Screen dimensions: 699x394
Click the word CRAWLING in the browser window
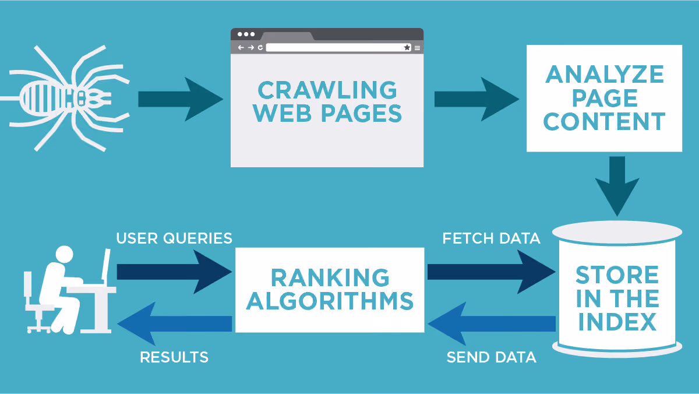pyautogui.click(x=327, y=90)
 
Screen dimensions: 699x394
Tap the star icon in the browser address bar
pyautogui.click(x=407, y=47)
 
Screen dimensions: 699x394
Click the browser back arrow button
pyautogui.click(x=241, y=47)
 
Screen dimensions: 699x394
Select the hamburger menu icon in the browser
pyautogui.click(x=417, y=48)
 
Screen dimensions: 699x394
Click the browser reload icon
pyautogui.click(x=260, y=47)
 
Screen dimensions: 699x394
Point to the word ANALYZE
pyautogui.click(x=605, y=75)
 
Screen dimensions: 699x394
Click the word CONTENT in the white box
pyautogui.click(x=605, y=121)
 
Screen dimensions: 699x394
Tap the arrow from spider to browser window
pyautogui.click(x=181, y=99)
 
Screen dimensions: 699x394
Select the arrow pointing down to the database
pyautogui.click(x=617, y=186)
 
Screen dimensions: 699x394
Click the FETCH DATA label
pyautogui.click(x=491, y=238)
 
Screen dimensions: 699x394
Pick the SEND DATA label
pyautogui.click(x=492, y=357)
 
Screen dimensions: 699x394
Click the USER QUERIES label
pyautogui.click(x=174, y=238)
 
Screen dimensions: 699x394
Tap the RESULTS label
pyautogui.click(x=174, y=357)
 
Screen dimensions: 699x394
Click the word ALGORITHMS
pyautogui.click(x=330, y=301)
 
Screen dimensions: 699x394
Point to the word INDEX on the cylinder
pyautogui.click(x=617, y=322)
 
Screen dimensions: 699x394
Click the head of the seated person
pyautogui.click(x=64, y=255)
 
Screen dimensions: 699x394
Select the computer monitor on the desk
pyautogui.click(x=106, y=265)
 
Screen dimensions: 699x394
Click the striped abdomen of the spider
pyautogui.click(x=44, y=98)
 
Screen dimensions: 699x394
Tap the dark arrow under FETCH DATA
pyautogui.click(x=492, y=272)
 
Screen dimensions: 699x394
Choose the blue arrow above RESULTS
pyautogui.click(x=174, y=323)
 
